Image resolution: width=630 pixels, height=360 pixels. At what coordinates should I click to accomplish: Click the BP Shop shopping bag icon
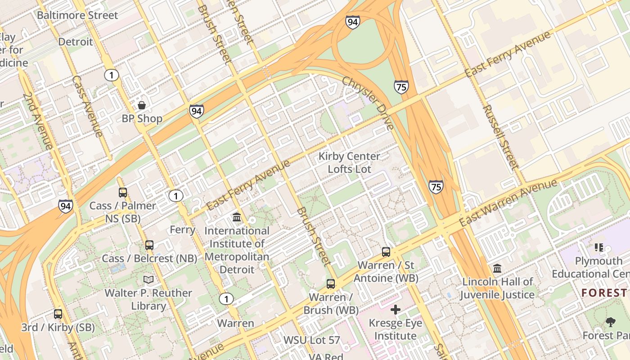(142, 105)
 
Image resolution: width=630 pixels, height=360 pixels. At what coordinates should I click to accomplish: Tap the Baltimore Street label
(77, 15)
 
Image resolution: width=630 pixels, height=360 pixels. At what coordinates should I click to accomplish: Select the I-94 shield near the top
(353, 22)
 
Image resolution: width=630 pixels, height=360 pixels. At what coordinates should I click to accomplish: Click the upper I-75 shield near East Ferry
(401, 86)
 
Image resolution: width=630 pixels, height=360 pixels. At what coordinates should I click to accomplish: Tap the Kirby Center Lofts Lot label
(349, 162)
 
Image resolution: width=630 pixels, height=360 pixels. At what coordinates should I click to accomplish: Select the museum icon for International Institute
(237, 218)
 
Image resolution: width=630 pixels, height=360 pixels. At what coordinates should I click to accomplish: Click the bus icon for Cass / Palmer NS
(123, 193)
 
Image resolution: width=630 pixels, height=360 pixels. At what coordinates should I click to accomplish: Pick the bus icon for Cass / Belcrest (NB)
(149, 245)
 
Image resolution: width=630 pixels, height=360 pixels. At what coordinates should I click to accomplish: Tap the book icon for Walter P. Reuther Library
(148, 280)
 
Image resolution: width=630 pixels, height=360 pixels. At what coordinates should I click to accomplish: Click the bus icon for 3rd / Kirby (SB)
(58, 314)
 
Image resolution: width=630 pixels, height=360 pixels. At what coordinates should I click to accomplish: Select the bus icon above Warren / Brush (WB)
(331, 284)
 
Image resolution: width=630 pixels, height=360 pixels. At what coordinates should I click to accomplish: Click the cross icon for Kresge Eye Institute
(396, 310)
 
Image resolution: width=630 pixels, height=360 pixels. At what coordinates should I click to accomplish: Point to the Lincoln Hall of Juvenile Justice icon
(497, 269)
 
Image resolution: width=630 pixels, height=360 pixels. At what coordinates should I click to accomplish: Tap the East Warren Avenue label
(508, 203)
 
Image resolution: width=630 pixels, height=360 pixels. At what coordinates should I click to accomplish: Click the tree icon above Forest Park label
(611, 322)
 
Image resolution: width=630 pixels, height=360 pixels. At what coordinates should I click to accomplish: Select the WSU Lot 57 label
(311, 340)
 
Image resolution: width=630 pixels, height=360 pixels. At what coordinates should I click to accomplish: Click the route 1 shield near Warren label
(226, 299)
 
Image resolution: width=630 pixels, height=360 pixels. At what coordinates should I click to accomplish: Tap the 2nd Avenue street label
(37, 121)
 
